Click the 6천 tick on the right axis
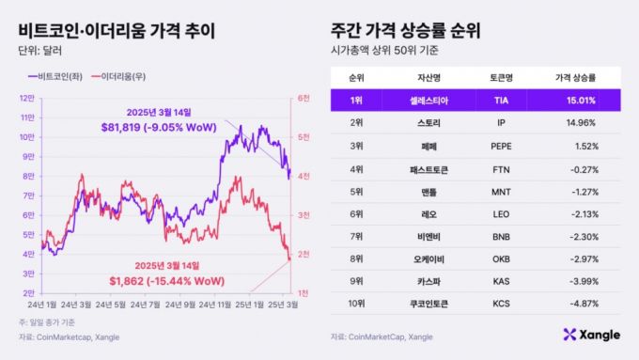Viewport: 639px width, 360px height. (x=304, y=97)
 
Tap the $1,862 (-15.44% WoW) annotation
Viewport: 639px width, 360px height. (x=165, y=279)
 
